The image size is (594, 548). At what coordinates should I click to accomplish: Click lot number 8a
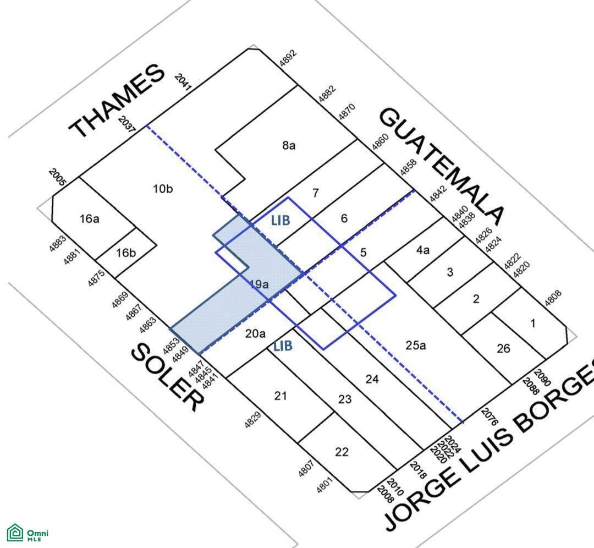pos(289,145)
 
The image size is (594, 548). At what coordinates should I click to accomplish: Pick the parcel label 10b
pos(163,188)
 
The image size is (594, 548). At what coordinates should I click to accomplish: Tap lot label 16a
pos(90,218)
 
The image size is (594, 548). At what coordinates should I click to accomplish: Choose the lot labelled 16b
pos(126,253)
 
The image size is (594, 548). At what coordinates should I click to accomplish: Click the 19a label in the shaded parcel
pos(260,284)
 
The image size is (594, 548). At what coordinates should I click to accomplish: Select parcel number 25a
pos(416,345)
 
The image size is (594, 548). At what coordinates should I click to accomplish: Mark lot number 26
pos(503,348)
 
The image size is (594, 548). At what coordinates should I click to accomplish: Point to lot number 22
pos(342,452)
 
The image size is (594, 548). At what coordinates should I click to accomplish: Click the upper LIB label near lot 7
pos(280,220)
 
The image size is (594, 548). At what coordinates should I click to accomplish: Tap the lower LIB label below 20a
pos(283,346)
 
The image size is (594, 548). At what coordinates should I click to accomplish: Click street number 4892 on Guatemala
pos(288,59)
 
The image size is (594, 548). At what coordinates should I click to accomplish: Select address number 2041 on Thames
pos(183,82)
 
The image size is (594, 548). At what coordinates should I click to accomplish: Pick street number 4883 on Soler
pos(58,244)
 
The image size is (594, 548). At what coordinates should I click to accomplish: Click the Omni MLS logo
pos(28,533)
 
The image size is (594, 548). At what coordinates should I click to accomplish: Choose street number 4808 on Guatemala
pos(553,298)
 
